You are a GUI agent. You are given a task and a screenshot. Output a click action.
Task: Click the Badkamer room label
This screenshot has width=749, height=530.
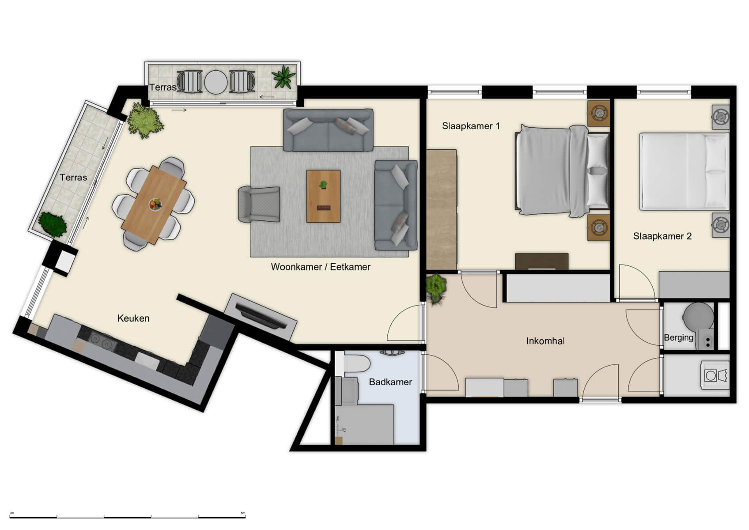point(390,382)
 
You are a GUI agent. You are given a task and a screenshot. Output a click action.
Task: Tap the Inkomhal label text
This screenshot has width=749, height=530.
point(545,341)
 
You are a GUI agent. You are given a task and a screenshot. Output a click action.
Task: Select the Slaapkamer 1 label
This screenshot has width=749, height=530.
point(471,126)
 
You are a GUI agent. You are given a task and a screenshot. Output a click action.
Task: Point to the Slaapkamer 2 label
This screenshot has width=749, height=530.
point(662,236)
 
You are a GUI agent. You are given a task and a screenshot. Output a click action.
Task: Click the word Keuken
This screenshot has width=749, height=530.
point(133,318)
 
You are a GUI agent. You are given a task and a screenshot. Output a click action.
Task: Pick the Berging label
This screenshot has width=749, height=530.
point(678,338)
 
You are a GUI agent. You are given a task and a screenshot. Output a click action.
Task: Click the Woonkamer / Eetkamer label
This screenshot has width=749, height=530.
point(320,267)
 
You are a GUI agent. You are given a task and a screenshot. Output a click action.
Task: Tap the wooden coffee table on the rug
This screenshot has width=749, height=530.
point(323,196)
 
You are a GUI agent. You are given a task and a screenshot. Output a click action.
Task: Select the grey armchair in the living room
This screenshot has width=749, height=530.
point(259,204)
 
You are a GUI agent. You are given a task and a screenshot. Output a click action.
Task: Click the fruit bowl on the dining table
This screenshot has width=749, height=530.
point(155,204)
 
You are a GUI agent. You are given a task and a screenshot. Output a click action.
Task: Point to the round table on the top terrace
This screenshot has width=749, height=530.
point(216,82)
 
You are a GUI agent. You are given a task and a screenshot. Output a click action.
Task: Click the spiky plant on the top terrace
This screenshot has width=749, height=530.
point(284,77)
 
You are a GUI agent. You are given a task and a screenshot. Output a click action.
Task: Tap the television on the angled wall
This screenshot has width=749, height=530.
point(261,316)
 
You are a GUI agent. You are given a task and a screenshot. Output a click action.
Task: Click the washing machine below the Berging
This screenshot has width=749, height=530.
point(715,375)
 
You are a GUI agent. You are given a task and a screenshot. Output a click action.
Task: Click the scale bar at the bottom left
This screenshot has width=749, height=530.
point(127,517)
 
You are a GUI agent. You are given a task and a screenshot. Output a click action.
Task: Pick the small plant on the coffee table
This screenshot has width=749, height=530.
point(323,185)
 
